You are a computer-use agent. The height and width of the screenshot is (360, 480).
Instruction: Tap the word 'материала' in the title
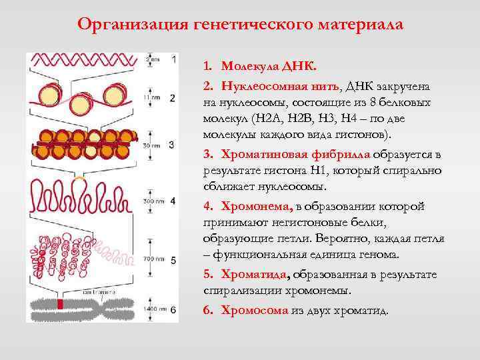(362, 25)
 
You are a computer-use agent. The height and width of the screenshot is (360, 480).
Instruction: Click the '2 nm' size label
(153, 59)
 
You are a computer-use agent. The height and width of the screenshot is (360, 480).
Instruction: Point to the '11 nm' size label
(151, 98)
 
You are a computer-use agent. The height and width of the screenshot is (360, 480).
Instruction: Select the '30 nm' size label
(151, 144)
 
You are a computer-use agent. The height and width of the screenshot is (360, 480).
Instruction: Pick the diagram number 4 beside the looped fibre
(173, 201)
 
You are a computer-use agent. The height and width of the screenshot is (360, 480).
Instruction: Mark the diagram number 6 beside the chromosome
(173, 310)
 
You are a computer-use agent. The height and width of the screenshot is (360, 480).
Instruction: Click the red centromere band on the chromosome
(60, 305)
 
